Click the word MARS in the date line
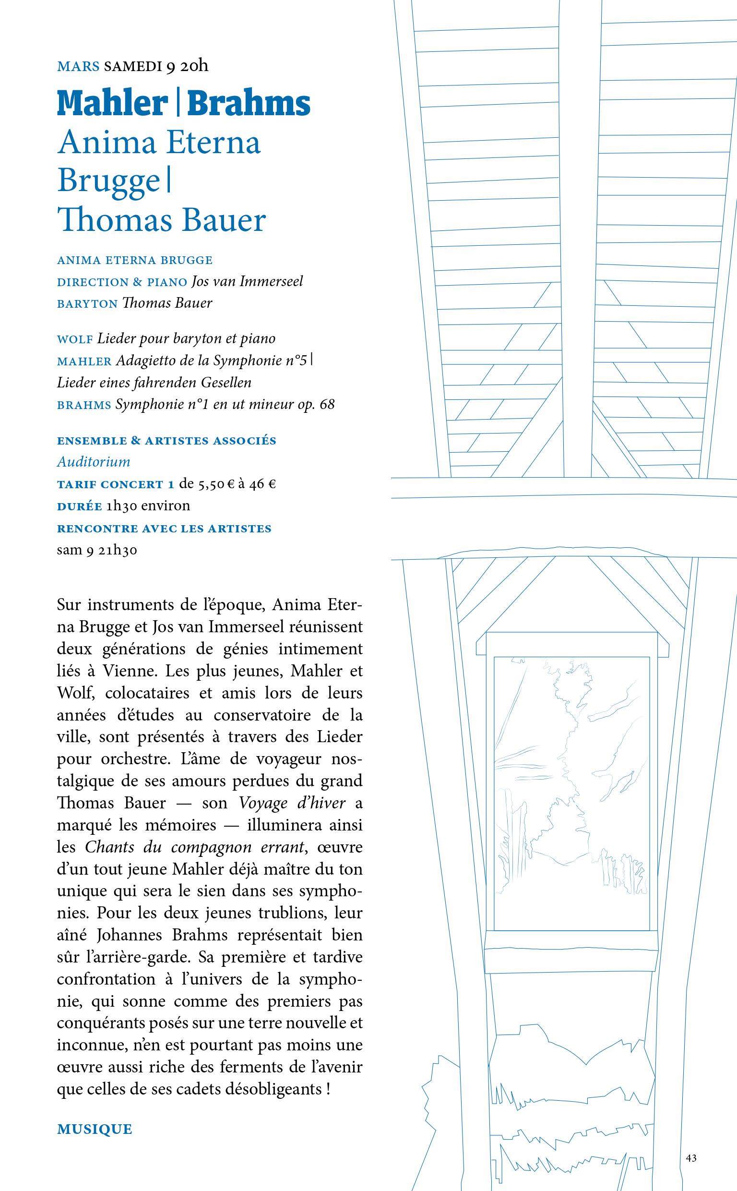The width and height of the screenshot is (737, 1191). pyautogui.click(x=78, y=66)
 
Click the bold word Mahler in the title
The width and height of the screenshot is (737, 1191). pyautogui.click(x=113, y=103)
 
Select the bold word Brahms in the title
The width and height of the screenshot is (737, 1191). pyautogui.click(x=249, y=103)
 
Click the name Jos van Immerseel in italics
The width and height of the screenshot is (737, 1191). pyautogui.click(x=247, y=281)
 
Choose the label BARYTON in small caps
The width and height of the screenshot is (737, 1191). pyautogui.click(x=87, y=304)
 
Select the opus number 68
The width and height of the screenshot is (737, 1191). pyautogui.click(x=327, y=405)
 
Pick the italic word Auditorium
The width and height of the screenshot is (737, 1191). pyautogui.click(x=94, y=461)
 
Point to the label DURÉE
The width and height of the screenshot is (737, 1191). pyautogui.click(x=80, y=506)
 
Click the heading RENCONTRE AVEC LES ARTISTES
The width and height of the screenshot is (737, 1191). pyautogui.click(x=164, y=529)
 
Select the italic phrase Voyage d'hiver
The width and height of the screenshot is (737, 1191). pyautogui.click(x=292, y=803)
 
